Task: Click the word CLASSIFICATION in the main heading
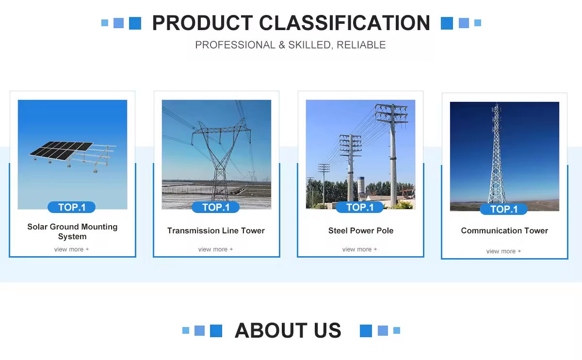click(x=344, y=23)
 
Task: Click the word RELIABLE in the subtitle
click(x=361, y=45)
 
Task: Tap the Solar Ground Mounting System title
click(x=72, y=231)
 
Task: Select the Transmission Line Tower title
click(x=216, y=230)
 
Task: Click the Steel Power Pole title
click(x=361, y=230)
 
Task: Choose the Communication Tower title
click(x=504, y=230)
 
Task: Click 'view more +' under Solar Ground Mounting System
click(x=71, y=249)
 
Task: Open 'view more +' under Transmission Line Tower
click(x=215, y=249)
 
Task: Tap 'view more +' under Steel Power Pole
click(x=359, y=249)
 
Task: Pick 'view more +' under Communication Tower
click(x=503, y=251)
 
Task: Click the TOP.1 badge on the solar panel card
click(x=71, y=207)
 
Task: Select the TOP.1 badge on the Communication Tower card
click(x=503, y=209)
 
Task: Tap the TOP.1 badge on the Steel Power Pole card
click(x=359, y=207)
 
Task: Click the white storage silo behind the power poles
click(x=361, y=185)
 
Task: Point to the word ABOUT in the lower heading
click(x=271, y=330)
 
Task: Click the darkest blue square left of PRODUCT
click(x=135, y=23)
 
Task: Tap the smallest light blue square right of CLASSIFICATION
click(x=478, y=23)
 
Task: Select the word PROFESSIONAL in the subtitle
click(x=235, y=45)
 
